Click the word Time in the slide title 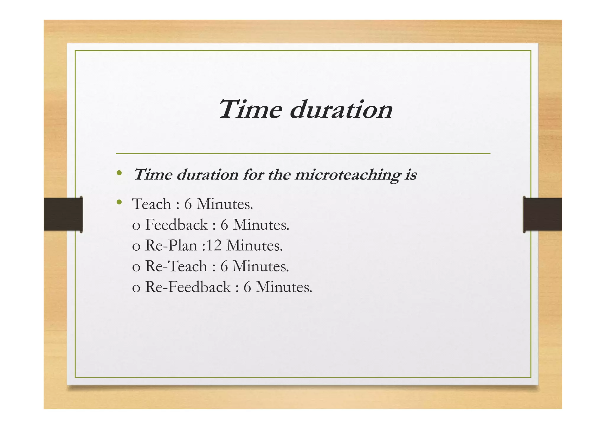click(x=250, y=109)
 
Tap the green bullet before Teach click(x=119, y=202)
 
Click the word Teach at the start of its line click(x=151, y=204)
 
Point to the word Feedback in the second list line click(x=176, y=225)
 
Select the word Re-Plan click(x=171, y=246)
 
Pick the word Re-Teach click(x=176, y=266)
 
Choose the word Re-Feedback click(x=188, y=287)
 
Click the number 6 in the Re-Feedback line click(x=247, y=287)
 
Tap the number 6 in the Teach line click(x=188, y=204)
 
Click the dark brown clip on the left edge click(x=63, y=214)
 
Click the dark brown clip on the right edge click(x=542, y=214)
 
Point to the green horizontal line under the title click(x=303, y=154)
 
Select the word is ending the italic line click(x=411, y=175)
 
